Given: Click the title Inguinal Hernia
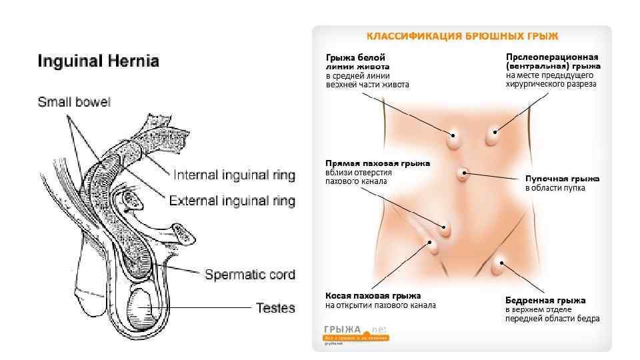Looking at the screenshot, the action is pyautogui.click(x=98, y=62).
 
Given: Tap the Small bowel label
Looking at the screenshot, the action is pyautogui.click(x=74, y=103).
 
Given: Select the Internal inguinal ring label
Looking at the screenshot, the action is pyautogui.click(x=234, y=176).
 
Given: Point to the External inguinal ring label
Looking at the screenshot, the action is pyautogui.click(x=232, y=201).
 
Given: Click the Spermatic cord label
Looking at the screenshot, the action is pyautogui.click(x=249, y=274).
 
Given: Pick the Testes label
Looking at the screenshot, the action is pyautogui.click(x=275, y=308).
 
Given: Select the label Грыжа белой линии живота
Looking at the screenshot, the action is pyautogui.click(x=355, y=62).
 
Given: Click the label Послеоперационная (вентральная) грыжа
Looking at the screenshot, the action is pyautogui.click(x=553, y=62).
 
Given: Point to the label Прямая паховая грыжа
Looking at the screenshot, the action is pyautogui.click(x=377, y=163).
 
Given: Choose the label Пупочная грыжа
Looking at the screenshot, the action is pyautogui.click(x=562, y=179).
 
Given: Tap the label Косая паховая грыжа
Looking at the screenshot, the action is pyautogui.click(x=373, y=295).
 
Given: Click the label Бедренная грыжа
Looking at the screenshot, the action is pyautogui.click(x=545, y=300).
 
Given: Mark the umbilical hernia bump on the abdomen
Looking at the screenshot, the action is pyautogui.click(x=464, y=175).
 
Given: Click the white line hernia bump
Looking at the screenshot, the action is pyautogui.click(x=454, y=139).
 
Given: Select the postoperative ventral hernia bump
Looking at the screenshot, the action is pyautogui.click(x=493, y=137).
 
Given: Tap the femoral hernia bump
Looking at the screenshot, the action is pyautogui.click(x=497, y=267).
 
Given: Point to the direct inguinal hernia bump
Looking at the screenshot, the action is pyautogui.click(x=444, y=229).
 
